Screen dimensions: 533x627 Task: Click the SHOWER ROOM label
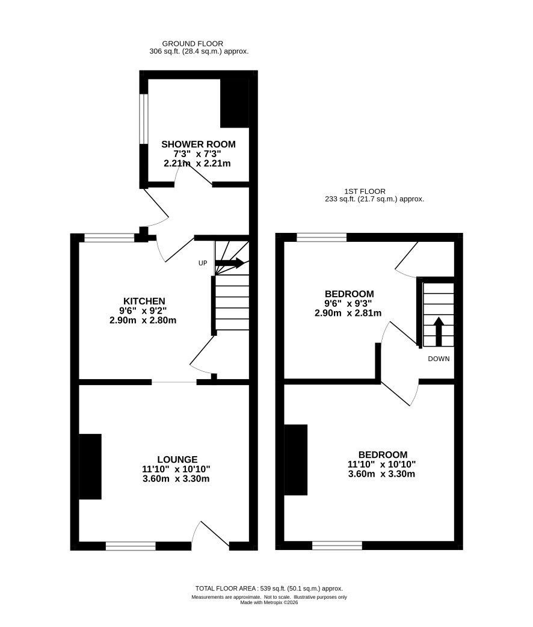pos(199,144)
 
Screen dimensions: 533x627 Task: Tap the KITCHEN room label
pos(144,301)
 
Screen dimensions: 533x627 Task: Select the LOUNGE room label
pos(177,460)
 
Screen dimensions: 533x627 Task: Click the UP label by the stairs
pos(203,263)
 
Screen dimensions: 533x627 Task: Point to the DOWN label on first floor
pos(439,359)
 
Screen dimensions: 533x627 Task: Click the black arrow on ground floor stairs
pos(230,263)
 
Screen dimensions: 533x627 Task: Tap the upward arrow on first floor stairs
pos(439,332)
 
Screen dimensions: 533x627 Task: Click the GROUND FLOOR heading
pos(193,43)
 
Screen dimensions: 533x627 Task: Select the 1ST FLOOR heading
pos(365,191)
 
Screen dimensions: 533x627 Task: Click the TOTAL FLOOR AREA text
pos(226,588)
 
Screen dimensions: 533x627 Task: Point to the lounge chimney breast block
pos(90,466)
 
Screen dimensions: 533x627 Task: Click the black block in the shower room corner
pos(235,103)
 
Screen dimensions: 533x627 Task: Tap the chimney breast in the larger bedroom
pos(295,460)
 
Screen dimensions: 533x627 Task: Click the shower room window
pos(144,119)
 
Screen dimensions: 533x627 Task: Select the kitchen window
pos(109,238)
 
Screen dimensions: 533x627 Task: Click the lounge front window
pos(131,546)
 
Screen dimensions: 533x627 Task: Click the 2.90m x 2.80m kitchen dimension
pos(143,320)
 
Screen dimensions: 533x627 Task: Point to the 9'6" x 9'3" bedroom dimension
pos(348,303)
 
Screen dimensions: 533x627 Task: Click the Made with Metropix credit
pos(269,602)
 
